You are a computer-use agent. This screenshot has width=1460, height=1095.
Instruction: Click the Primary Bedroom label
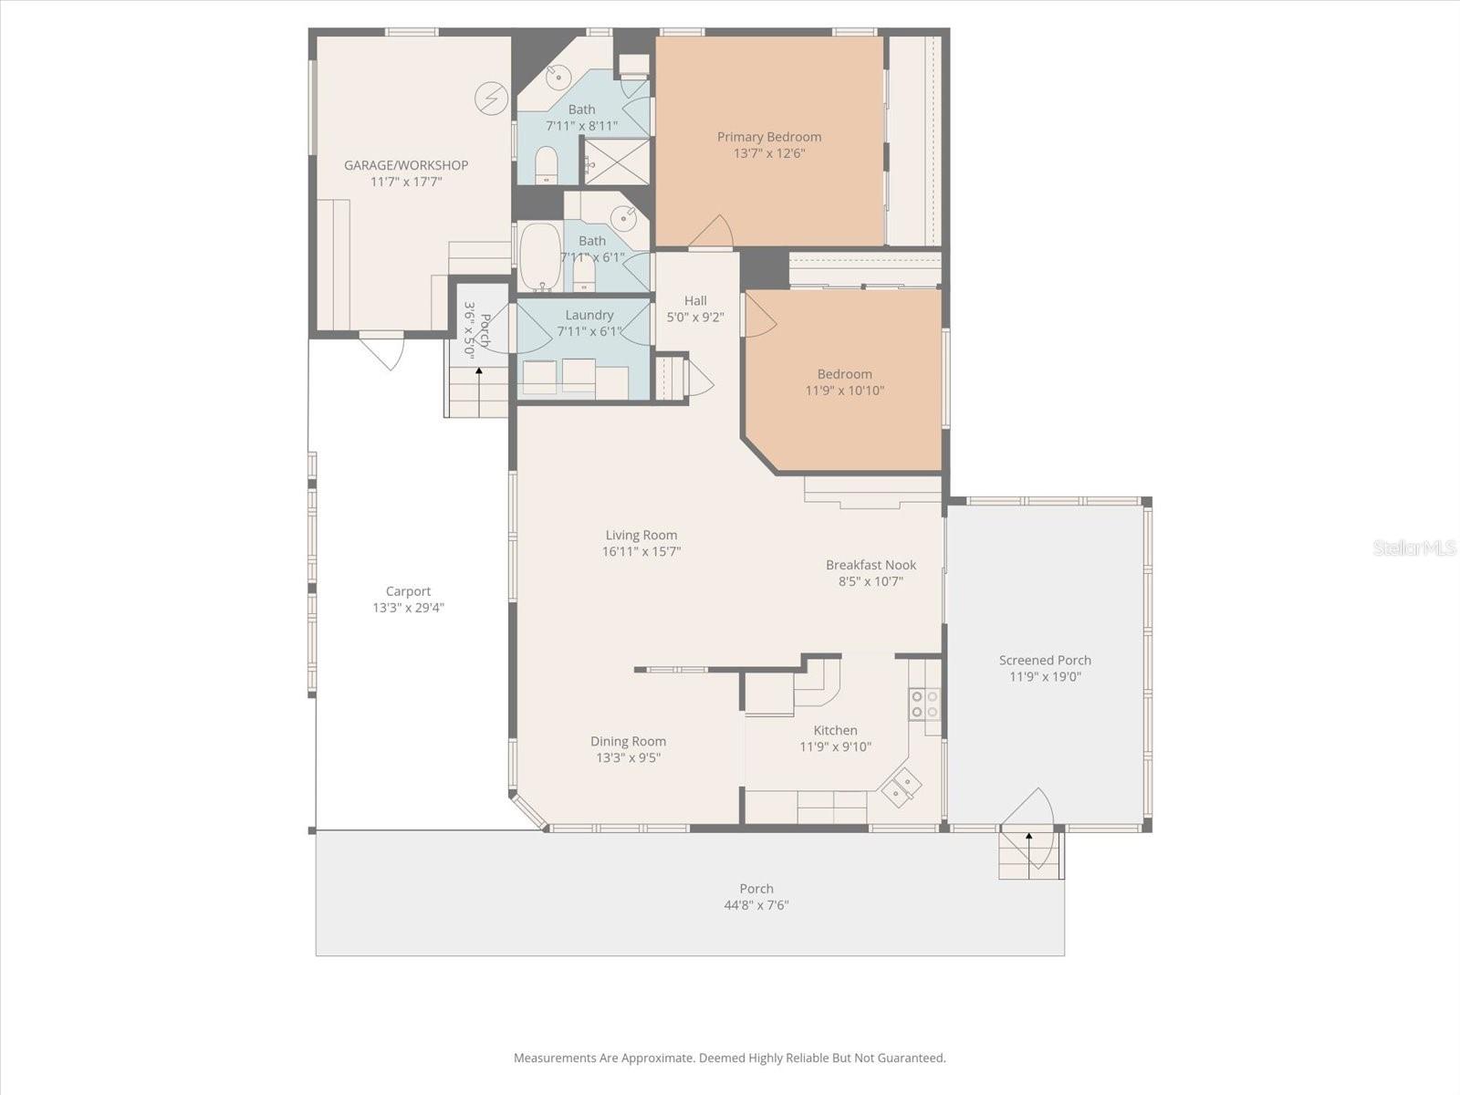click(768, 137)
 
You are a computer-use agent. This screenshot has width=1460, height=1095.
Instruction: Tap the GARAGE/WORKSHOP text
click(406, 165)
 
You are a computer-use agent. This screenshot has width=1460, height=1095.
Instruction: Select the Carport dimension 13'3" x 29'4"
click(408, 608)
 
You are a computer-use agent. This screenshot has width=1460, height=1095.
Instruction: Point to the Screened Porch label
click(1045, 660)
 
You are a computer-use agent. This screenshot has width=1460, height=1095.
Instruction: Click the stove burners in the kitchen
click(924, 704)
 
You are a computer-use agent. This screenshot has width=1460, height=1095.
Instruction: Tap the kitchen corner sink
click(902, 787)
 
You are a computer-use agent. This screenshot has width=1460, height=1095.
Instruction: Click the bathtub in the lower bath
click(540, 256)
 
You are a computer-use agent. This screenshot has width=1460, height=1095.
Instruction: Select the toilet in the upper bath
click(547, 164)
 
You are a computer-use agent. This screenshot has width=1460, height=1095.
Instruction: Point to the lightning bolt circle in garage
click(491, 99)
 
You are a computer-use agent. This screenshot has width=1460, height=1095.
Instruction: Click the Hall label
click(695, 300)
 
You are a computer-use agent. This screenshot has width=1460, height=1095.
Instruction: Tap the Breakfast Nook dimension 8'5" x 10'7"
click(871, 581)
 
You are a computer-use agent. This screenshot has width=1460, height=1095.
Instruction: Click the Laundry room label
click(589, 315)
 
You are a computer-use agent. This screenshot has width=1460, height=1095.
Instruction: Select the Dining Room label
click(628, 741)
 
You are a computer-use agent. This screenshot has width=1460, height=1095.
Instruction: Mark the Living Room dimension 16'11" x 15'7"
click(641, 552)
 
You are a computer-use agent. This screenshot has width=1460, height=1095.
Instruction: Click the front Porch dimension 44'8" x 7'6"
click(756, 905)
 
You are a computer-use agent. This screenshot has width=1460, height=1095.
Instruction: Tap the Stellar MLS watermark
click(1413, 547)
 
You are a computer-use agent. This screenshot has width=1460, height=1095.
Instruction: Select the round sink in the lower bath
click(624, 218)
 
